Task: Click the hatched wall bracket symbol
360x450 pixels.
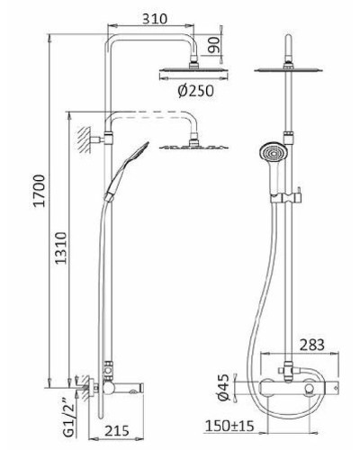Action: point(85,138)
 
